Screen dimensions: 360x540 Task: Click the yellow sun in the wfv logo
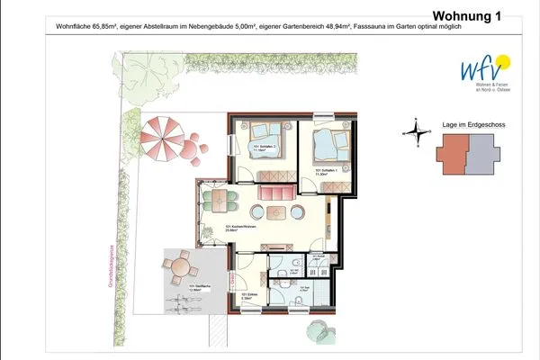pos(504,60)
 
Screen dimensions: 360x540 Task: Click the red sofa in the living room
pos(277,192)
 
